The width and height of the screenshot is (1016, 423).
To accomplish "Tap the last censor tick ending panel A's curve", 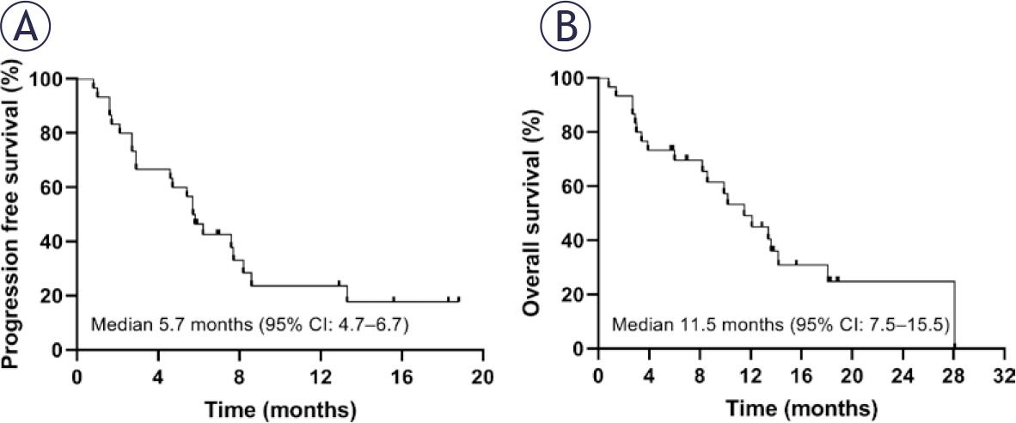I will pyautogui.click(x=459, y=298).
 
